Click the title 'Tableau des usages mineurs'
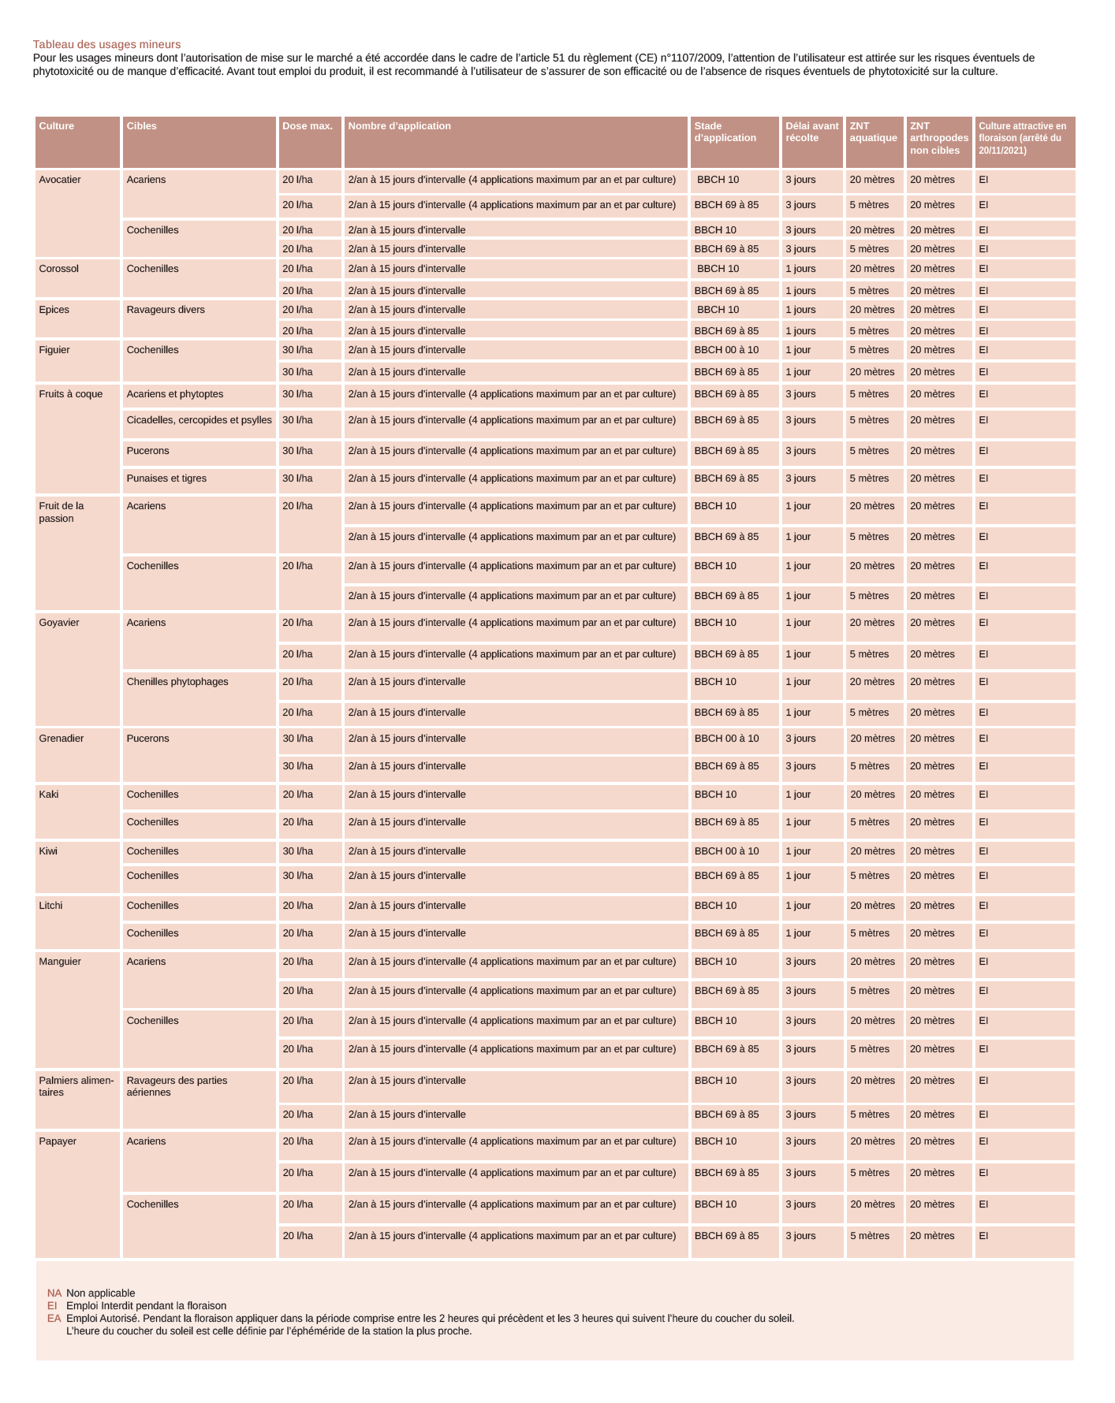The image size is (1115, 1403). (106, 45)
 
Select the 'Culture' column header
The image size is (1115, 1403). (57, 126)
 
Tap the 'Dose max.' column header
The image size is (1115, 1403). (308, 126)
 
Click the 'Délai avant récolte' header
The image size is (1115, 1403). (811, 132)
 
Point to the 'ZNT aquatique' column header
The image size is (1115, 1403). (873, 132)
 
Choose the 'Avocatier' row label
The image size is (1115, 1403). (60, 180)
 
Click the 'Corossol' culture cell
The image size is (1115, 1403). (59, 269)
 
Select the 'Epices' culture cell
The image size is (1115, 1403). (54, 310)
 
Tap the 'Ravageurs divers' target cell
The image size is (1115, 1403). (166, 310)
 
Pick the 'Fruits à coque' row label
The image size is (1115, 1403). (71, 394)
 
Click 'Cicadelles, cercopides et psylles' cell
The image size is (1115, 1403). (200, 420)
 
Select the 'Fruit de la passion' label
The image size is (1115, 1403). (62, 512)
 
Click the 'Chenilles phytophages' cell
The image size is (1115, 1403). (177, 682)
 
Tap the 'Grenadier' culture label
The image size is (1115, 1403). (62, 739)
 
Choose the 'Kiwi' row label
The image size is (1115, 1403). (48, 851)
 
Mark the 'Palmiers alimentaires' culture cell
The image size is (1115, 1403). (76, 1086)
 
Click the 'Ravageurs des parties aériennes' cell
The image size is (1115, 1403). (177, 1086)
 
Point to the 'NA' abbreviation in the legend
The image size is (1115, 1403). (54, 1293)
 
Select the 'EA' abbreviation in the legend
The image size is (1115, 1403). (54, 1318)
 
